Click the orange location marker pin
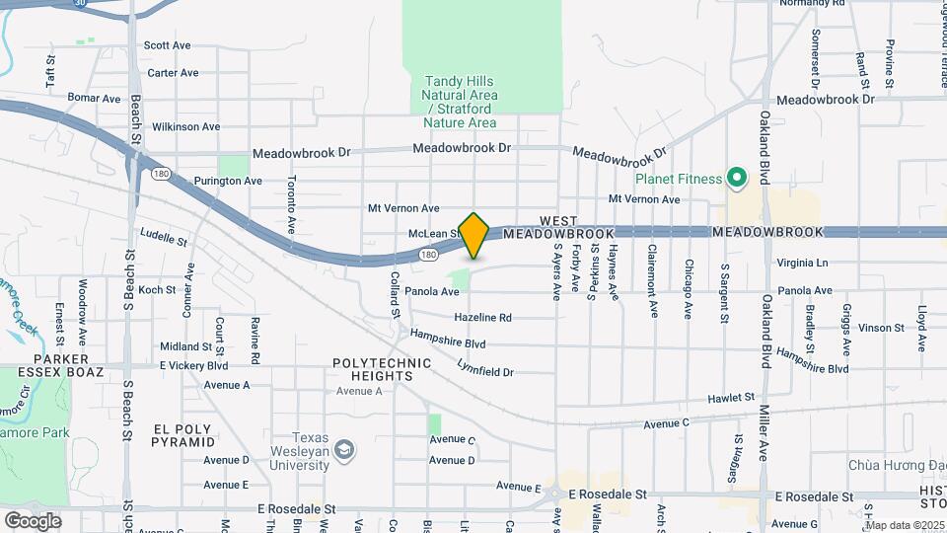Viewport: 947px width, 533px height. tap(474, 234)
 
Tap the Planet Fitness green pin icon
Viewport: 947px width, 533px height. tap(736, 179)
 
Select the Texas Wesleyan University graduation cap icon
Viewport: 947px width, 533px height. tap(343, 451)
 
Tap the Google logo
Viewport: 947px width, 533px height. tap(33, 520)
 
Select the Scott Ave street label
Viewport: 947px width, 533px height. tap(167, 45)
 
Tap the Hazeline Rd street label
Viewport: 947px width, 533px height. tap(482, 318)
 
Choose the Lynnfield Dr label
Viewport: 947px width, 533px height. tap(485, 372)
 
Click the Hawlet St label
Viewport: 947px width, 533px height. tap(731, 398)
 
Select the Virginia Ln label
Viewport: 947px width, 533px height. tap(802, 263)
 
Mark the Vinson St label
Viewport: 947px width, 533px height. tap(881, 327)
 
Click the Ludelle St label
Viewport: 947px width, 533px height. tap(164, 237)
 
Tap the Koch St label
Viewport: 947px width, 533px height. tap(156, 289)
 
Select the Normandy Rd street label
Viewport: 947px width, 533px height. tap(813, 3)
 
